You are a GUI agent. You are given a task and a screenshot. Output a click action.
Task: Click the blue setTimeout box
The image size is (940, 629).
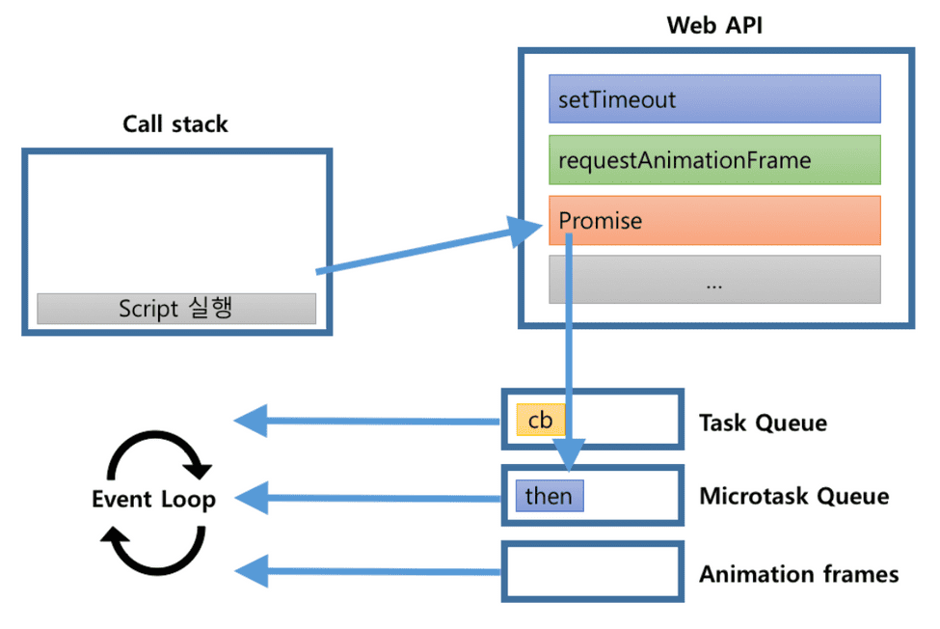click(714, 99)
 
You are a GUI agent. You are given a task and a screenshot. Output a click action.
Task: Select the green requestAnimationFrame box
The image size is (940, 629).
click(714, 159)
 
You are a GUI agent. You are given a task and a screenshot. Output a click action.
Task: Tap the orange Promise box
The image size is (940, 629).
click(714, 220)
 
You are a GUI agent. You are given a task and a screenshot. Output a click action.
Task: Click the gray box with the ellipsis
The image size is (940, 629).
click(714, 280)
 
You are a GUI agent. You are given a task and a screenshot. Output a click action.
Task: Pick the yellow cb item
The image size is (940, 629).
click(540, 420)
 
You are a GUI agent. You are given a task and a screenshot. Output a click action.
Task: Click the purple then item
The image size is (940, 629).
click(550, 496)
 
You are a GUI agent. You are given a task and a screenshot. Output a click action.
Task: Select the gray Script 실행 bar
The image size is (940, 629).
click(176, 308)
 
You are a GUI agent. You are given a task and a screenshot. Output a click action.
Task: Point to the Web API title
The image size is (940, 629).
click(714, 25)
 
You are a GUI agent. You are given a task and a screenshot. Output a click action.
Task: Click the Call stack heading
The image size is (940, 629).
click(175, 124)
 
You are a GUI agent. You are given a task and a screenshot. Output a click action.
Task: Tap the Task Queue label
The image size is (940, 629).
click(764, 423)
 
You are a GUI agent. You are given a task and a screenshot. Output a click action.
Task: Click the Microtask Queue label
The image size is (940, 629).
click(794, 496)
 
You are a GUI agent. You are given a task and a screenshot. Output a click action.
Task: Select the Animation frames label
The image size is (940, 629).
click(799, 574)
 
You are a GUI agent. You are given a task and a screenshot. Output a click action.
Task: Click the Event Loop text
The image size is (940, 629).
click(153, 499)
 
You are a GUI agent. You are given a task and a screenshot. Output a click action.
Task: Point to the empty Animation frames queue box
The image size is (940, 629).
click(593, 571)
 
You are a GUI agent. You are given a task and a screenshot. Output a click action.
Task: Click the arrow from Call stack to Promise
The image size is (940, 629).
click(429, 247)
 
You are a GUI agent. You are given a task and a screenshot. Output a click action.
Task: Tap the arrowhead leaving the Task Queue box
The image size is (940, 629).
click(251, 421)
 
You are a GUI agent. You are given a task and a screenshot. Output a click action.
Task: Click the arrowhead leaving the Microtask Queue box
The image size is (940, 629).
click(252, 497)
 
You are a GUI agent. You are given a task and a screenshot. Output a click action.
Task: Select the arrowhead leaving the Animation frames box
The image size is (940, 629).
click(252, 571)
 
